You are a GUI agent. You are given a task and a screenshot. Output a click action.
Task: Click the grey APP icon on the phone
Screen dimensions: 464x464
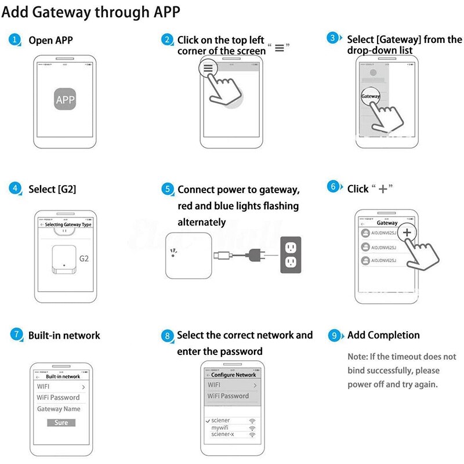pos(65,100)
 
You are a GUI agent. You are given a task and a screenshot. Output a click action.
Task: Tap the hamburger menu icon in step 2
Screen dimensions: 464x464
pos(208,68)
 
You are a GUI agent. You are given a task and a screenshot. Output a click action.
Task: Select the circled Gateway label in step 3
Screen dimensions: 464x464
pos(371,96)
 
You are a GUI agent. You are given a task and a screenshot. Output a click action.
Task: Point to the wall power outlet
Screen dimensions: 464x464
pos(292,254)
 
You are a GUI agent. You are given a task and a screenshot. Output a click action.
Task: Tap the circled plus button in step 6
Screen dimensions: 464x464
pos(407,232)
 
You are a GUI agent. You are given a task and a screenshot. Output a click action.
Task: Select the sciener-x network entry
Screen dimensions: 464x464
pos(224,434)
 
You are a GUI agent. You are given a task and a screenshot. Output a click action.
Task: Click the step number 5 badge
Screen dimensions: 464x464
pos(168,190)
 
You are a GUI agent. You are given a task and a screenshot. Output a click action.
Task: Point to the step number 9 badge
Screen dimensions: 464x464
pos(334,335)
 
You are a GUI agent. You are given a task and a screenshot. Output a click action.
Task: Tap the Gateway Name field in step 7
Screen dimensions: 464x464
pos(59,409)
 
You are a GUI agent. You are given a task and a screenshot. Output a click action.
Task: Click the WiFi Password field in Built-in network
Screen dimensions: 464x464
pos(58,397)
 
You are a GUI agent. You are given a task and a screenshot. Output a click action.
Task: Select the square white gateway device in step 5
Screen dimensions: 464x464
pos(187,255)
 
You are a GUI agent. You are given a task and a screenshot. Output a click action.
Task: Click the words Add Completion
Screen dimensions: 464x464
pos(383,335)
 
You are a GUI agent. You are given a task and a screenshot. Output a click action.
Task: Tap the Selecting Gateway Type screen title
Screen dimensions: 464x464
pos(68,224)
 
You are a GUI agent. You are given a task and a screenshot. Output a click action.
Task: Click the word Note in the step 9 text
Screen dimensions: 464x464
pos(357,357)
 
